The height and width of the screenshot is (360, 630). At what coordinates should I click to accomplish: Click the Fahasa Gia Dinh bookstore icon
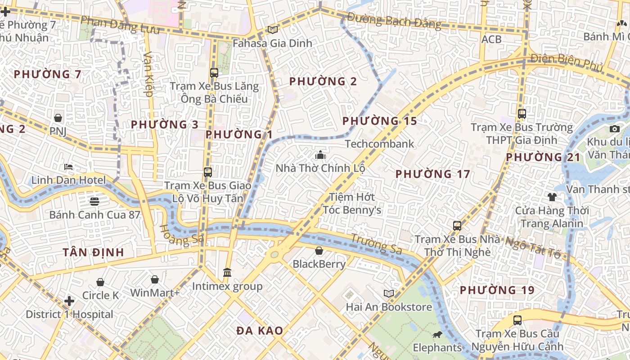click(x=272, y=30)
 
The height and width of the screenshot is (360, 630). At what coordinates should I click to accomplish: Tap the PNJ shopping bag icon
click(x=58, y=118)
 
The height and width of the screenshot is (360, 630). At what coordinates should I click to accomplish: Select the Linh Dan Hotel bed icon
click(x=68, y=167)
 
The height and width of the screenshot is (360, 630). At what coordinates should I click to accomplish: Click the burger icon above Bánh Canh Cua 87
click(x=94, y=201)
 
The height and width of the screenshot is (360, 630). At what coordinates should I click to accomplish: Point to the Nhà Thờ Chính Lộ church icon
click(x=320, y=155)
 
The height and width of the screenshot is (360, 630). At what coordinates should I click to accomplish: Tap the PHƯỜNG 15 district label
click(x=379, y=121)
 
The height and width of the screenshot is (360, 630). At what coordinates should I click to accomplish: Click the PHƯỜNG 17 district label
click(x=432, y=174)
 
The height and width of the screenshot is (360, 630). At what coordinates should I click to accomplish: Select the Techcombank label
click(x=379, y=144)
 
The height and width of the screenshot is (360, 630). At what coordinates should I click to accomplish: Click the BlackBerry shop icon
click(x=319, y=251)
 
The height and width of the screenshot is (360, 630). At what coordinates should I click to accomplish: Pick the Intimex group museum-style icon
click(x=227, y=273)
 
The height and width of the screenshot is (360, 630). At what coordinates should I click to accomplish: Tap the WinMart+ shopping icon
click(x=155, y=279)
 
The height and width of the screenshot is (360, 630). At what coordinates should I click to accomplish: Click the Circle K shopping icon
click(x=100, y=282)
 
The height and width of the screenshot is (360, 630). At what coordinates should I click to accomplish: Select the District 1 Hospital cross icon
click(x=69, y=301)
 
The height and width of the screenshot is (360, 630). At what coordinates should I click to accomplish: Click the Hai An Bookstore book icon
click(x=389, y=293)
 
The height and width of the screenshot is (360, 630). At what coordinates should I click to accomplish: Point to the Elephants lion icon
click(x=437, y=334)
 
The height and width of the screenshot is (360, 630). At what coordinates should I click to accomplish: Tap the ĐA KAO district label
click(x=260, y=331)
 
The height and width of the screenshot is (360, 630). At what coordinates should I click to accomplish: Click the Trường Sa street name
click(x=376, y=243)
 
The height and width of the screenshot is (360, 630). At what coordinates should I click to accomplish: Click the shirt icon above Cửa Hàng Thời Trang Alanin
click(x=552, y=197)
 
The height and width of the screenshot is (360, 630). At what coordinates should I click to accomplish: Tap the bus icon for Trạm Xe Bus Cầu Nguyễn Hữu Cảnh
click(x=517, y=320)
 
